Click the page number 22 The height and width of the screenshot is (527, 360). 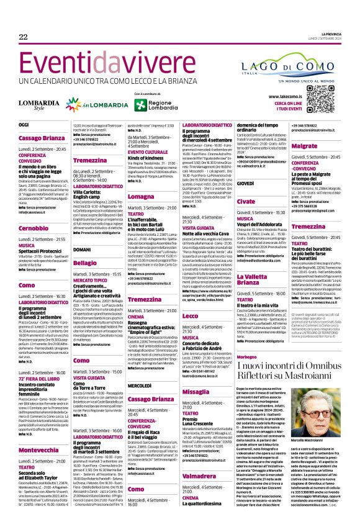(23, 38)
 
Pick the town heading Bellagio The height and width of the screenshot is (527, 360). (85, 263)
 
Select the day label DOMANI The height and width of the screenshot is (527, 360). (83, 249)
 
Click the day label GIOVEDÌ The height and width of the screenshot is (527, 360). (247, 184)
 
